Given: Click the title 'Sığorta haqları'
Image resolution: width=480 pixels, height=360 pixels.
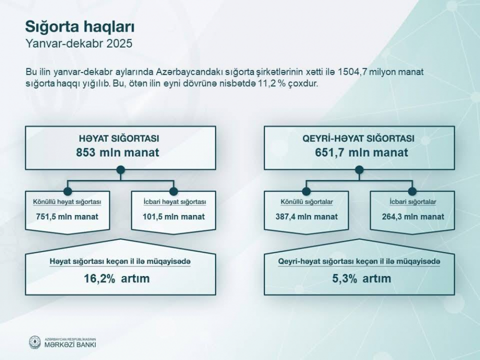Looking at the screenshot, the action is (x=80, y=27).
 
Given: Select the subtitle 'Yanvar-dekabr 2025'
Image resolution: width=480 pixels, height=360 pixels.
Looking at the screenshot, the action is (x=79, y=44).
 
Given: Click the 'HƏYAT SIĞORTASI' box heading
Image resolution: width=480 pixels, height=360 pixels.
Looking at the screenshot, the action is (x=119, y=138).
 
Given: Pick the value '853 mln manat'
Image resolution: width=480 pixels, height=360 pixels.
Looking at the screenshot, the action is (x=118, y=153).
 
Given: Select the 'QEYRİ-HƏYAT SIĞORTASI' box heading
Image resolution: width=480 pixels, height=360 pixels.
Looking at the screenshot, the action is (x=359, y=138).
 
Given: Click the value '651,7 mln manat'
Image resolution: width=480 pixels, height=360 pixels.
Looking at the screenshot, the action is (x=361, y=153).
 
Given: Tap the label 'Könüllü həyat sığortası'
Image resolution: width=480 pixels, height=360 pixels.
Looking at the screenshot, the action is (x=67, y=202).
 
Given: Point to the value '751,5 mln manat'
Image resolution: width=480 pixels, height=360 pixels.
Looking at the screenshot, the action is (x=67, y=217).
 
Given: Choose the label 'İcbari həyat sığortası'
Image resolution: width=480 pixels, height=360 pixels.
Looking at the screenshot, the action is (x=175, y=202).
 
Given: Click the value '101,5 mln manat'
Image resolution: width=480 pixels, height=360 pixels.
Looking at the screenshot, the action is (x=174, y=217).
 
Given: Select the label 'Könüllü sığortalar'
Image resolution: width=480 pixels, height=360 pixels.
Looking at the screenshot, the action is (x=307, y=202).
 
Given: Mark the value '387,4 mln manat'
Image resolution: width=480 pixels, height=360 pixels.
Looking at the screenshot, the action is (x=306, y=217).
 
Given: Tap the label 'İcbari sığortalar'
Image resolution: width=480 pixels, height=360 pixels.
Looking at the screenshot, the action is (x=413, y=202).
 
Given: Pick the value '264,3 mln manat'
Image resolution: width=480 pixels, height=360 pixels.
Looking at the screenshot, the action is (x=413, y=217).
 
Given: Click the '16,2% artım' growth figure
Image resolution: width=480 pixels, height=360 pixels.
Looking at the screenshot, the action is (x=117, y=278).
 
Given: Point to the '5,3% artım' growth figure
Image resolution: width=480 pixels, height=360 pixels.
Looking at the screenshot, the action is (x=361, y=278).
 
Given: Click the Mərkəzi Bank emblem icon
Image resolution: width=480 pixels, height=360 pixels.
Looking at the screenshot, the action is (x=35, y=342).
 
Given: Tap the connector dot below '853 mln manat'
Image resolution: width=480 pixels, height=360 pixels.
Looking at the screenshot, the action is (x=120, y=169).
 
